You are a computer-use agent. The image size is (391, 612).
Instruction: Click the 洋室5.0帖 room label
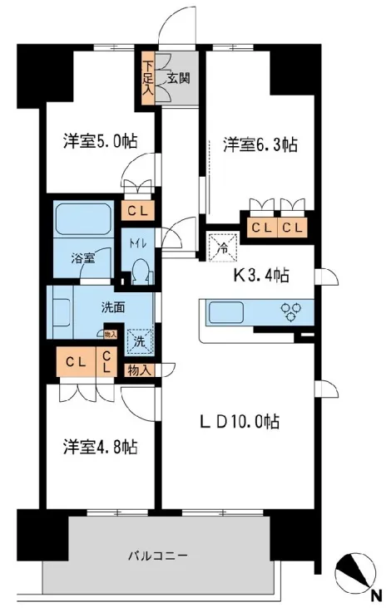101,141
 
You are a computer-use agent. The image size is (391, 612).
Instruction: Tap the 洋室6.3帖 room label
260,144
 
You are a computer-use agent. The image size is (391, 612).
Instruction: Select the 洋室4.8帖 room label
101,447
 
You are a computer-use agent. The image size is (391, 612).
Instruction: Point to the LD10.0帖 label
240,422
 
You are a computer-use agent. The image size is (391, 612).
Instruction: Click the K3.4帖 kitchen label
261,276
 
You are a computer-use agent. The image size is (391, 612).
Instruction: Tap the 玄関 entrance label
179,78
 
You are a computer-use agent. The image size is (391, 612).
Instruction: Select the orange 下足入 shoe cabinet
148,78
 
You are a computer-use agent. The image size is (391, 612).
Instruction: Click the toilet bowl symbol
140,272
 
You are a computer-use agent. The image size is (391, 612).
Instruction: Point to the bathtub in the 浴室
83,218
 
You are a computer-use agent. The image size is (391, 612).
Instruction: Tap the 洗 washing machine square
139,342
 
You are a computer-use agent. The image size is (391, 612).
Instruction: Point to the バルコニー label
158,555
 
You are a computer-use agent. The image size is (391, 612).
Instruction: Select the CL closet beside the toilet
138,211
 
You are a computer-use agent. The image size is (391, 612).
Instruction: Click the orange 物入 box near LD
139,371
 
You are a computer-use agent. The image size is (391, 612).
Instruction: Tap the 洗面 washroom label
113,308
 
